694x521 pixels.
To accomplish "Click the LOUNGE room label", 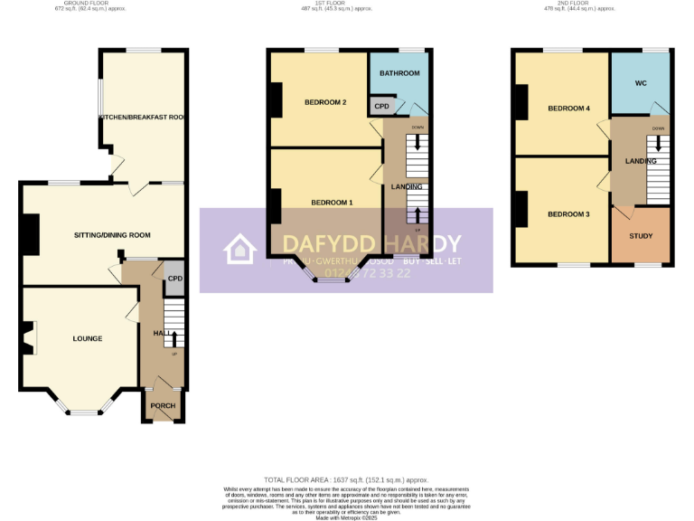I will (88, 339).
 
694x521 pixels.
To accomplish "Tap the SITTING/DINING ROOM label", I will (112, 235).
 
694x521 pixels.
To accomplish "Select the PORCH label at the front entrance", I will (163, 406).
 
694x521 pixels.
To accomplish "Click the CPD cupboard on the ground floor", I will (174, 279).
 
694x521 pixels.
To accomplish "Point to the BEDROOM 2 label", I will (325, 102).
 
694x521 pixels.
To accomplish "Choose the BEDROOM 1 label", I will (332, 203).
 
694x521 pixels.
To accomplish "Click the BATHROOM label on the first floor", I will (399, 73).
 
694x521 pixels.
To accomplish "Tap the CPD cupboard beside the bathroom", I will (381, 107).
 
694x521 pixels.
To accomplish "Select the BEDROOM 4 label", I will (568, 109).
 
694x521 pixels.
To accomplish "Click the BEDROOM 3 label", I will (567, 214).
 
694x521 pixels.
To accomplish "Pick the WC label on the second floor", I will (641, 83).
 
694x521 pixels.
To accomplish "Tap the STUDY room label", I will (641, 236).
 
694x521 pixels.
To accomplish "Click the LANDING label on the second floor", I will (641, 161).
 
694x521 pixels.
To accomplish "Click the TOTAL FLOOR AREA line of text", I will (346, 479).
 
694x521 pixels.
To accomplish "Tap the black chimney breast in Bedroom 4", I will (521, 101).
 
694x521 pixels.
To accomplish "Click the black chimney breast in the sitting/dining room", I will (31, 234).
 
